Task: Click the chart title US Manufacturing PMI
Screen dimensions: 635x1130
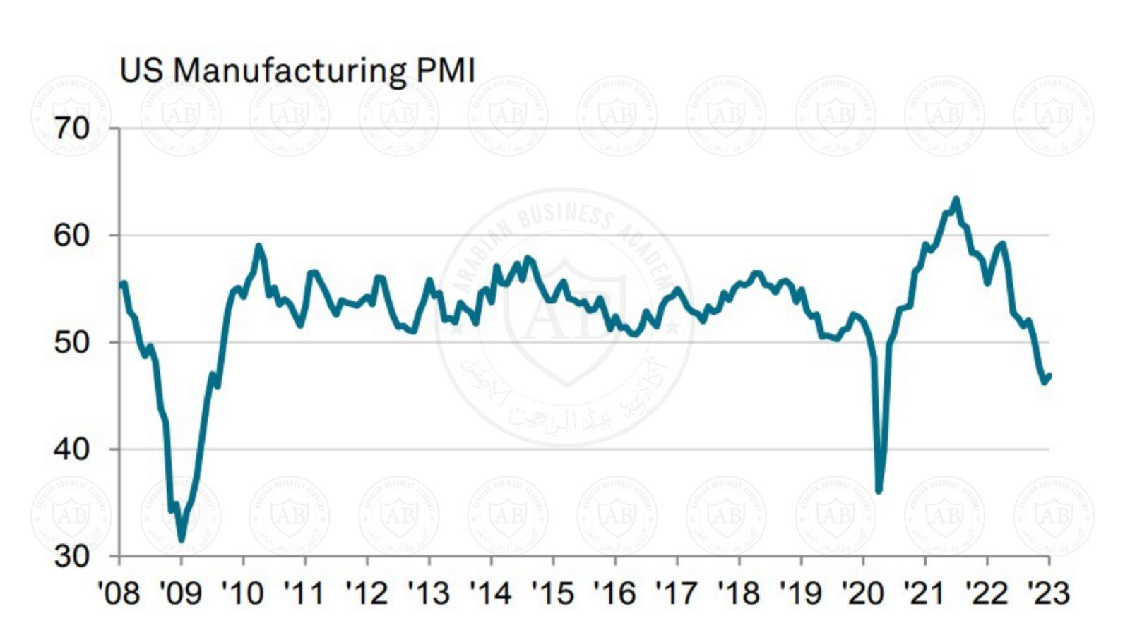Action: click(297, 71)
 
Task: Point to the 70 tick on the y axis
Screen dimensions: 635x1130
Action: click(72, 128)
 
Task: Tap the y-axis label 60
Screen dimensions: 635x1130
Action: click(72, 235)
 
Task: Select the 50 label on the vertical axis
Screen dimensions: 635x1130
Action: click(72, 342)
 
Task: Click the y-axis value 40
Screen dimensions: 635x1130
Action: click(72, 449)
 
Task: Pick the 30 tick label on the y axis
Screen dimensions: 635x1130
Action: click(72, 557)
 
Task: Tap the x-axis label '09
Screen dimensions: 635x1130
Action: click(181, 593)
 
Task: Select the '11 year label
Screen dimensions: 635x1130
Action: click(304, 593)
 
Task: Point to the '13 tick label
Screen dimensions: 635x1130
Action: click(429, 593)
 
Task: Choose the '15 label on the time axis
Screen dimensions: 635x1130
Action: click(552, 593)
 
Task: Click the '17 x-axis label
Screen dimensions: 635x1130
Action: click(677, 593)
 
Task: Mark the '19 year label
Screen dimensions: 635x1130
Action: click(800, 593)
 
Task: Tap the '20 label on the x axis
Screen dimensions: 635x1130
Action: click(862, 593)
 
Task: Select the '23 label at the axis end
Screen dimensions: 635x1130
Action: click(1049, 593)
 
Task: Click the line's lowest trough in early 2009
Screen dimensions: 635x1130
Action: click(182, 539)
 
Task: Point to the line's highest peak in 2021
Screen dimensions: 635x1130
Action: click(956, 199)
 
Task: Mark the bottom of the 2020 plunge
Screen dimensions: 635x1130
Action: click(879, 490)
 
